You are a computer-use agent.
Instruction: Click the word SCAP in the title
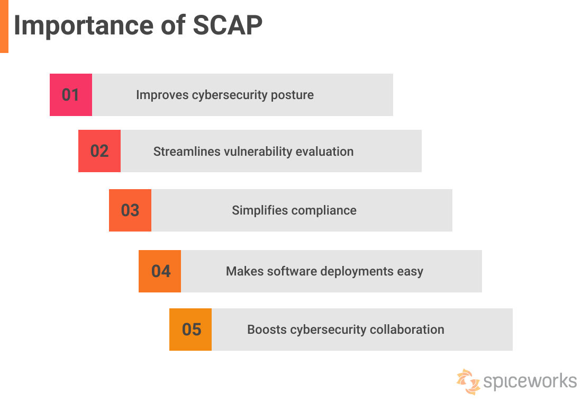[x=228, y=25]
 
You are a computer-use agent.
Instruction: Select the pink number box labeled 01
[x=71, y=95]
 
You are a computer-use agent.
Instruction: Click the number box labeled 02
[x=99, y=151]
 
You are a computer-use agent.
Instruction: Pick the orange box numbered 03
[x=130, y=210]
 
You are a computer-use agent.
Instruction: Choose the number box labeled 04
[x=160, y=271]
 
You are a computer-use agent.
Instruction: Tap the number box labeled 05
[x=190, y=330]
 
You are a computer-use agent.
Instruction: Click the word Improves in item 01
[x=162, y=95]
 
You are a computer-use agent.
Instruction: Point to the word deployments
[x=357, y=272]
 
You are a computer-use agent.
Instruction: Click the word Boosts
[x=267, y=330]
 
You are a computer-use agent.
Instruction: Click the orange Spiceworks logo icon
[x=468, y=381]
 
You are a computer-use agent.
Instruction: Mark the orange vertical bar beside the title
[x=4, y=26]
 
